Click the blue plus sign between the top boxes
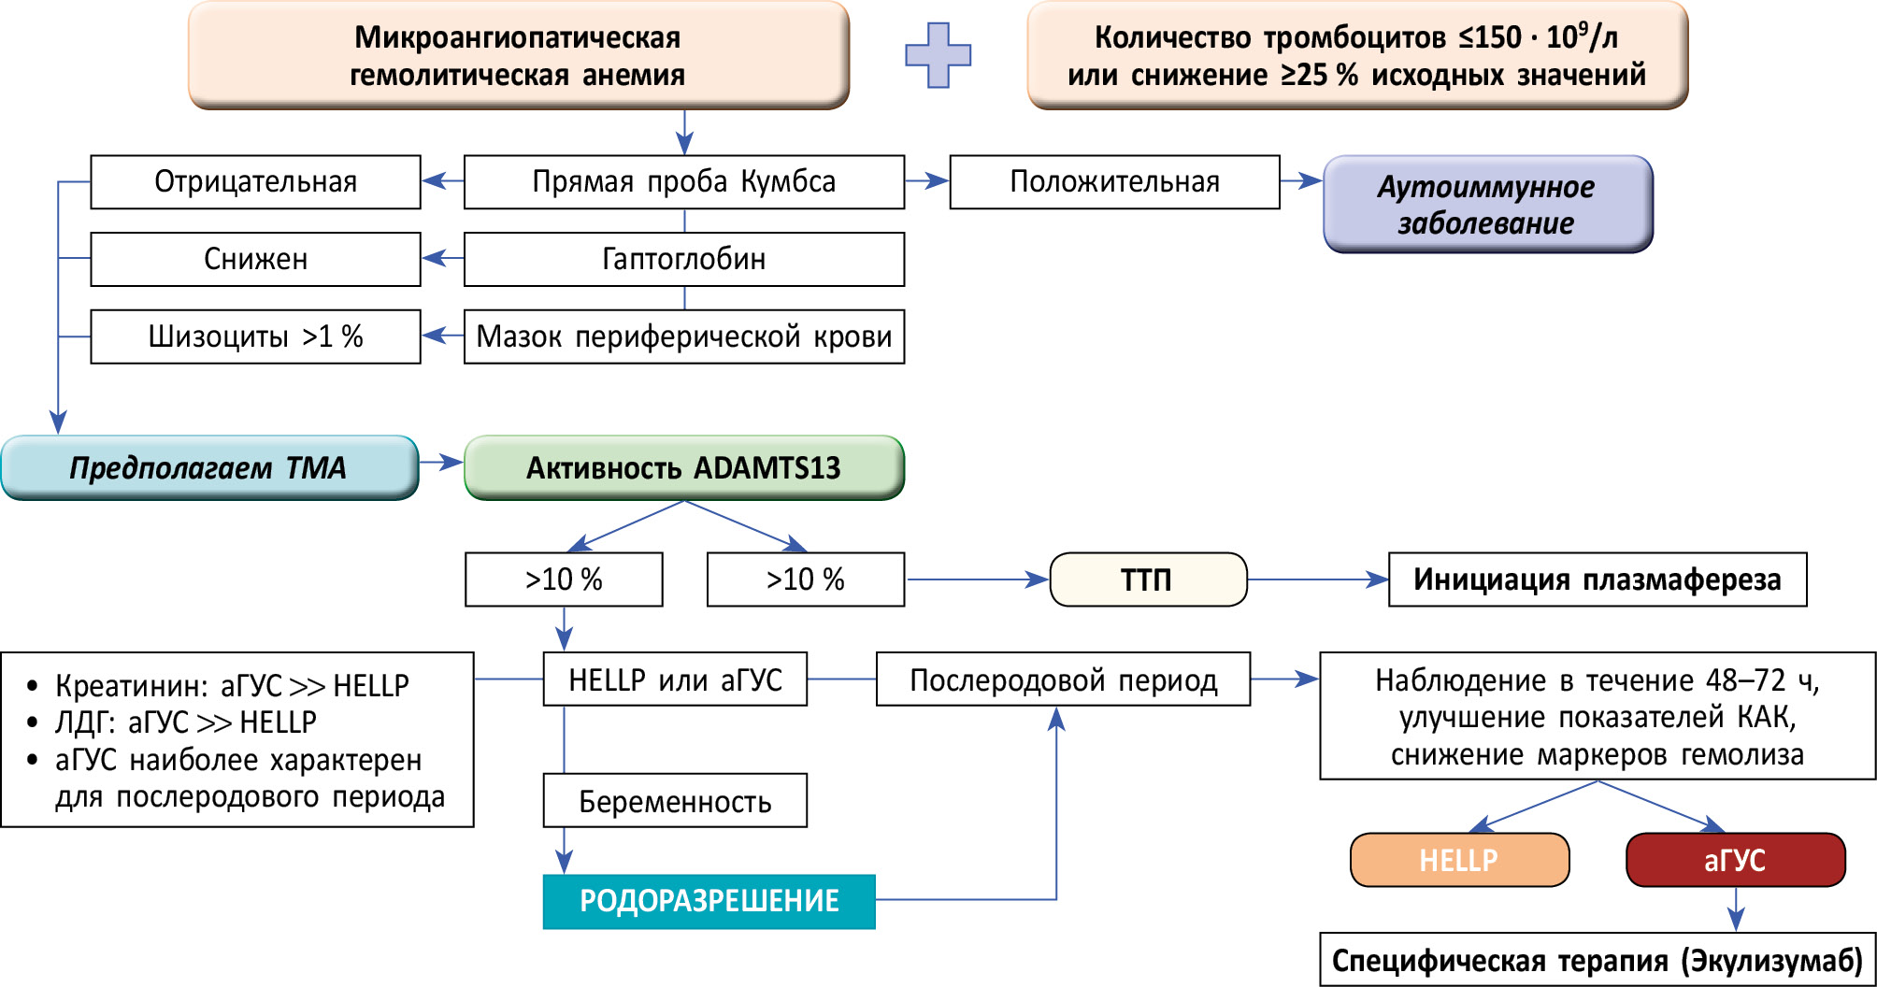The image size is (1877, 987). click(x=938, y=55)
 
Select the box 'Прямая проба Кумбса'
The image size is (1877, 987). click(x=683, y=182)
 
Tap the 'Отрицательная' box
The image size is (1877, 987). click(x=255, y=182)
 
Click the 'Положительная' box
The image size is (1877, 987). click(x=1114, y=182)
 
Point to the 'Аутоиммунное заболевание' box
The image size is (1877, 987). click(x=1487, y=205)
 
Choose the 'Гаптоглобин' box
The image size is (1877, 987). click(x=683, y=259)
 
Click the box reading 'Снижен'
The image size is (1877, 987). click(x=255, y=259)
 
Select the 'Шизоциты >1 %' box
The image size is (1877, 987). click(x=255, y=336)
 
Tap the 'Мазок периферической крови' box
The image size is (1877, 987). click(x=683, y=336)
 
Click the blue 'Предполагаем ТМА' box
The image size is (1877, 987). click(x=208, y=467)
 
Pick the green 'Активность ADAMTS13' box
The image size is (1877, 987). click(x=683, y=467)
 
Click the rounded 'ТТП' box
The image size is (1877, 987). click(x=1147, y=579)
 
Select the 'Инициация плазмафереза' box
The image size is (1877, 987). click(x=1597, y=579)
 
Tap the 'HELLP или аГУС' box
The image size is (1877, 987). click(x=675, y=679)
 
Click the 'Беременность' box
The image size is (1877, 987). click(x=675, y=801)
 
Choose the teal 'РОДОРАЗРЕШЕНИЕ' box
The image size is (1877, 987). click(x=709, y=901)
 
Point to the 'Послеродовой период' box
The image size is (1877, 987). click(x=1063, y=679)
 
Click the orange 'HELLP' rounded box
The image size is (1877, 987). click(x=1459, y=860)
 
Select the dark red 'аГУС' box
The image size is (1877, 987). click(x=1735, y=860)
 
